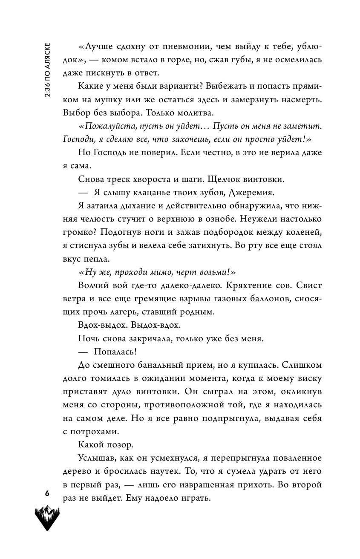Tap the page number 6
click(47, 493)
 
